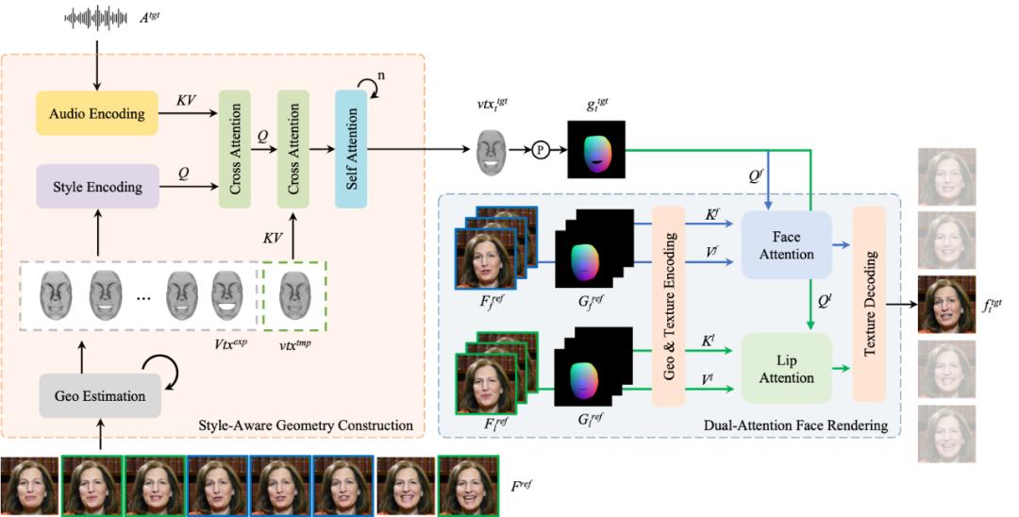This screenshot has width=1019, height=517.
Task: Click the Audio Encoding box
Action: pos(98,113)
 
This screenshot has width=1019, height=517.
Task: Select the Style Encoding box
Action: pos(98,186)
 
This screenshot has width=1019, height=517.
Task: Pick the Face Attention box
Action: pos(786,243)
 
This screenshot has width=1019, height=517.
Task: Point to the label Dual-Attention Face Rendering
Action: pos(796,425)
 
